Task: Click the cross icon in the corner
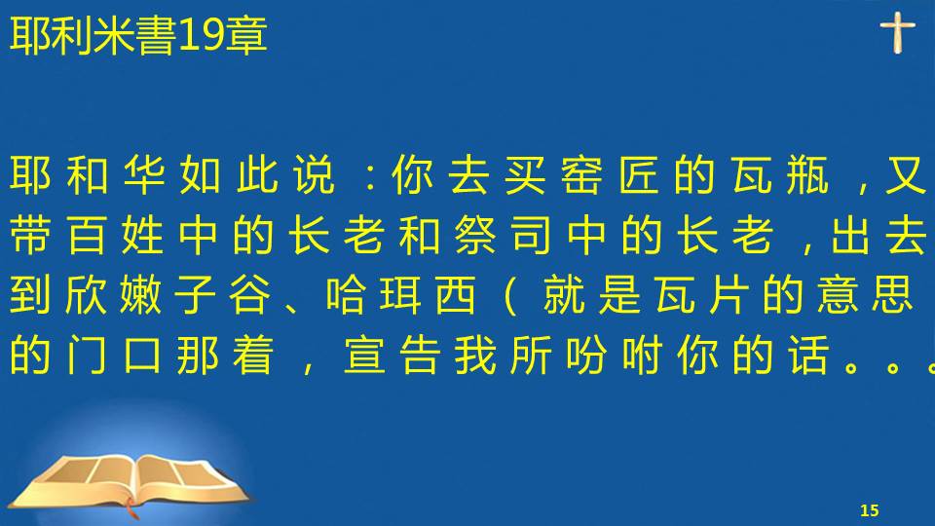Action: (x=897, y=32)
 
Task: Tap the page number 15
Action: (x=870, y=510)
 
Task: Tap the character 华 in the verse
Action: (x=144, y=174)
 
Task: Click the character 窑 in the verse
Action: (x=581, y=174)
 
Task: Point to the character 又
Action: (x=906, y=174)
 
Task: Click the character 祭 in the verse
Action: (x=475, y=235)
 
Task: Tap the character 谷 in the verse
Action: (x=250, y=294)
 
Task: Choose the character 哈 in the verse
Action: (x=347, y=294)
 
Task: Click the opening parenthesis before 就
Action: (x=509, y=295)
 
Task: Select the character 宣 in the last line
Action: (x=364, y=355)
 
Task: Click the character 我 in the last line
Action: (x=475, y=355)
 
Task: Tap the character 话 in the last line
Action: (x=809, y=355)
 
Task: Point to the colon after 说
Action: (x=371, y=176)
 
